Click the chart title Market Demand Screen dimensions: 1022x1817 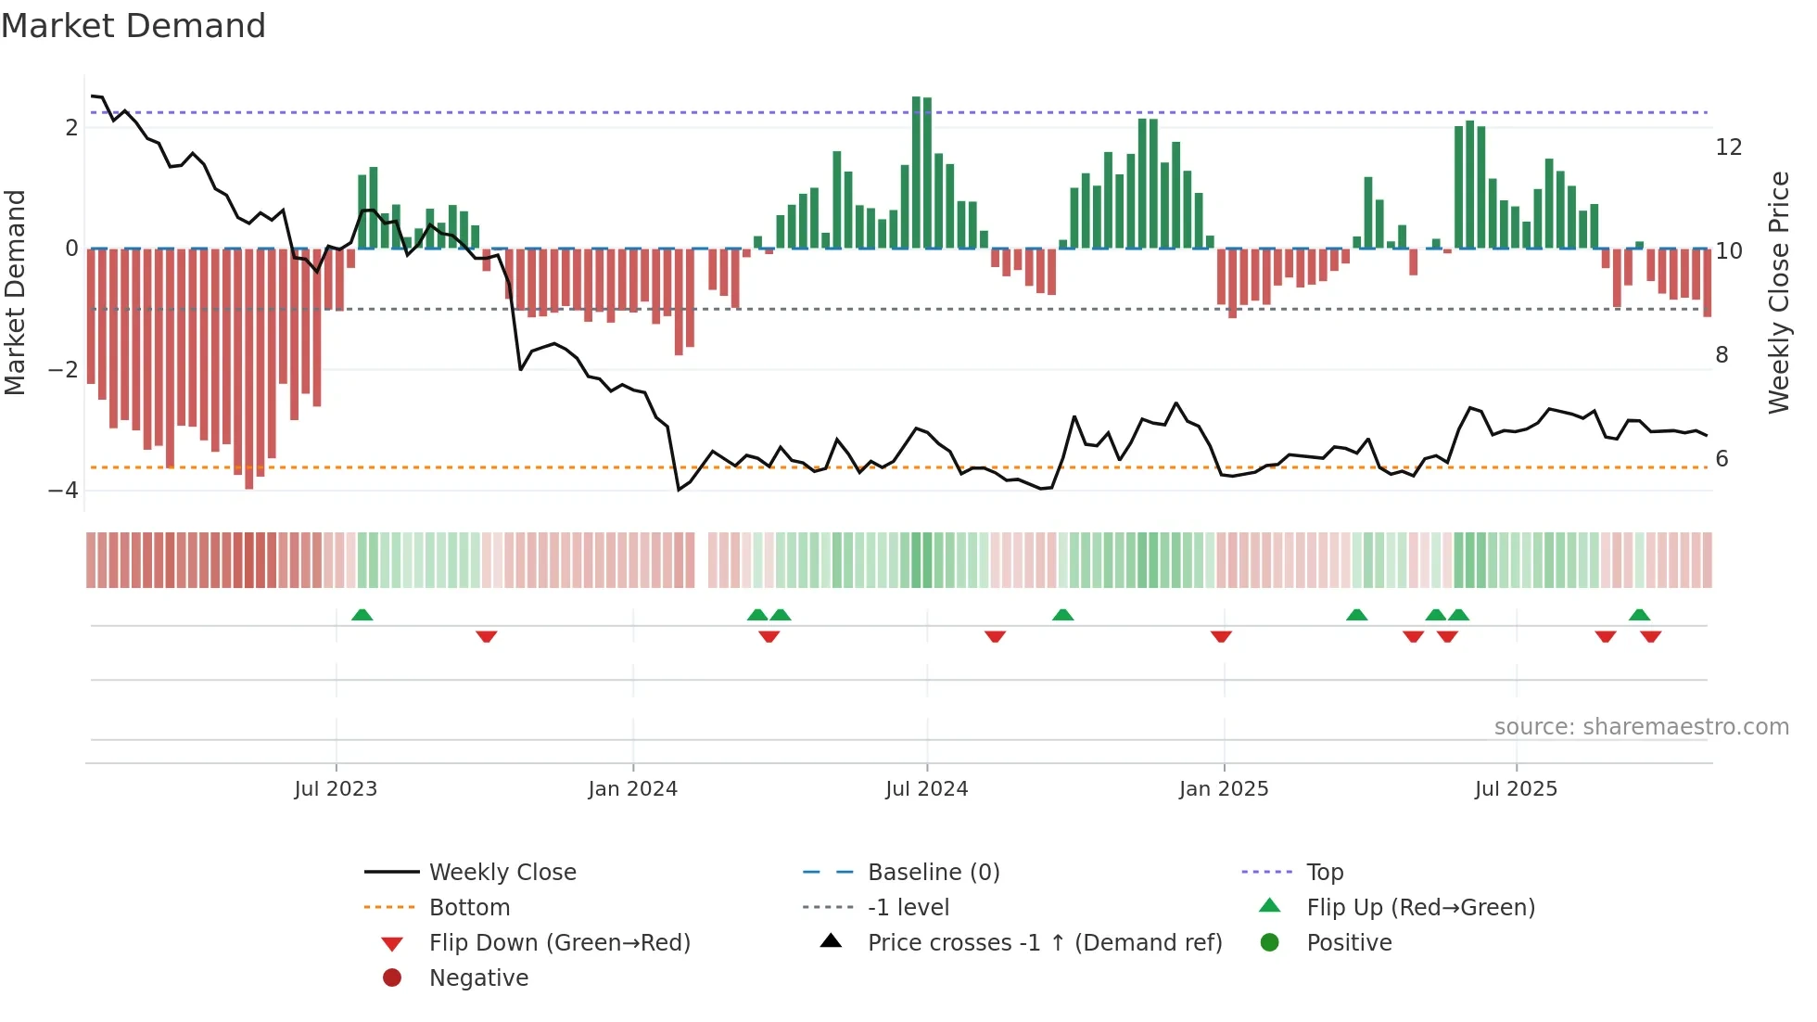(133, 26)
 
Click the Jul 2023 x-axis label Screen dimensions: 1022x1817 (336, 789)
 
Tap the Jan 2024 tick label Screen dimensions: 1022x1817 (632, 789)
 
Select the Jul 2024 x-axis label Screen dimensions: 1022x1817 (926, 789)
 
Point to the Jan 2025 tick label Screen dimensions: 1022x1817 (1224, 789)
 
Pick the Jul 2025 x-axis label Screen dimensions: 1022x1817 (1516, 789)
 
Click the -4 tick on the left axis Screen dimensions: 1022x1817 (63, 491)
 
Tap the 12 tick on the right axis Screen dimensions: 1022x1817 (1728, 147)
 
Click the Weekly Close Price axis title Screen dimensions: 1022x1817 (1778, 292)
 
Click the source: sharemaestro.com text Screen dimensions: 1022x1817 (1641, 727)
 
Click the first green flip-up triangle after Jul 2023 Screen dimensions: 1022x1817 (362, 615)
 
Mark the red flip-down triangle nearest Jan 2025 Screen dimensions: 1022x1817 (1221, 636)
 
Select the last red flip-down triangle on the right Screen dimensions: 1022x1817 (1650, 636)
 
